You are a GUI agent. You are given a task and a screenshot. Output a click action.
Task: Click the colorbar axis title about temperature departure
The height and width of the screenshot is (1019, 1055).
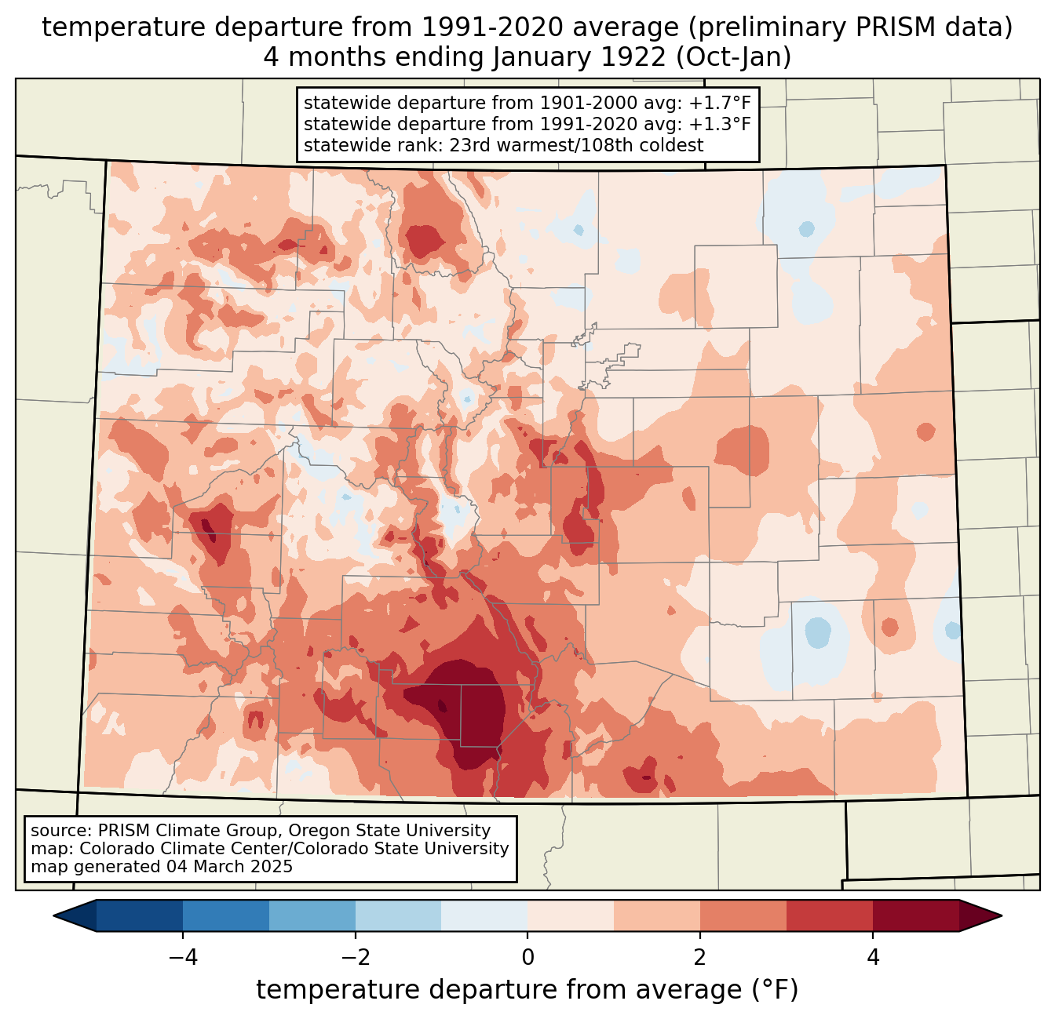[527, 990]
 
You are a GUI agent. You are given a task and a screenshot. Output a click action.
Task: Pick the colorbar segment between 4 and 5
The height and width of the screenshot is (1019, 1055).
[915, 915]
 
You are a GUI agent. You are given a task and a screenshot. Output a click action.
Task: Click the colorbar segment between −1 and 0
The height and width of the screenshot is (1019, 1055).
[484, 915]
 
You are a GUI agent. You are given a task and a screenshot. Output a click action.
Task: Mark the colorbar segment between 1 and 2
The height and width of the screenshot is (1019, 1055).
[657, 915]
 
